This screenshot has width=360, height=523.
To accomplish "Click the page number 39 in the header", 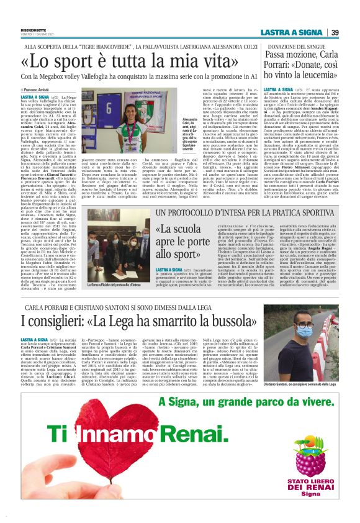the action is tap(335, 32).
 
